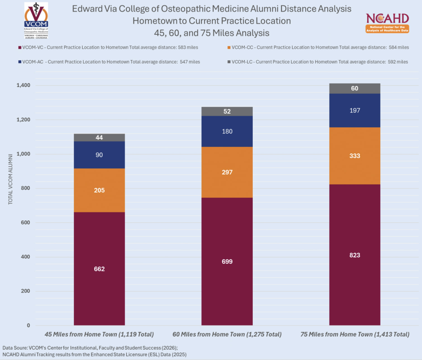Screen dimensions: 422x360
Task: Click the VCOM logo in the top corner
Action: click(x=36, y=20)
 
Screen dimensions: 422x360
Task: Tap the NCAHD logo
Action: click(x=387, y=23)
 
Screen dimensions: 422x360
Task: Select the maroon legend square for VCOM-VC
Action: click(x=20, y=48)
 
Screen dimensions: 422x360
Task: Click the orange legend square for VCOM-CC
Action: click(x=229, y=48)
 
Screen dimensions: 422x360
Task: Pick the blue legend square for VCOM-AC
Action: click(x=20, y=62)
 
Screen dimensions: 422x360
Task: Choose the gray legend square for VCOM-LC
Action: click(x=229, y=62)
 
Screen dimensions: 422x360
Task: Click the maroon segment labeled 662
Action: click(x=99, y=269)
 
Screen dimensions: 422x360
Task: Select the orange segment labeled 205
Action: click(x=99, y=190)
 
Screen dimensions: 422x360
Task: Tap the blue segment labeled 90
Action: click(x=99, y=155)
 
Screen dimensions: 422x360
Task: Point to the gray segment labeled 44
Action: click(x=99, y=138)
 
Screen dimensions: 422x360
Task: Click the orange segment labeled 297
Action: click(x=227, y=172)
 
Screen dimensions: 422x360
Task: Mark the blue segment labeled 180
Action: click(x=227, y=131)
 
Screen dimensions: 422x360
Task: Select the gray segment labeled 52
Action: click(x=227, y=111)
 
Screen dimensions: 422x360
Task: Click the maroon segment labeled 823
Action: click(x=355, y=255)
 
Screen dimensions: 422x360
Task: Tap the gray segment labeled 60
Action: click(x=355, y=89)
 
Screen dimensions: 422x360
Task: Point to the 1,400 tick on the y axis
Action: click(x=23, y=85)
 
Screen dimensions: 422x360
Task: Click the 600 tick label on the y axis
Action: click(x=25, y=222)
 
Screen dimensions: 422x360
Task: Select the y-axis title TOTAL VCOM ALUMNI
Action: click(x=10, y=179)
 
